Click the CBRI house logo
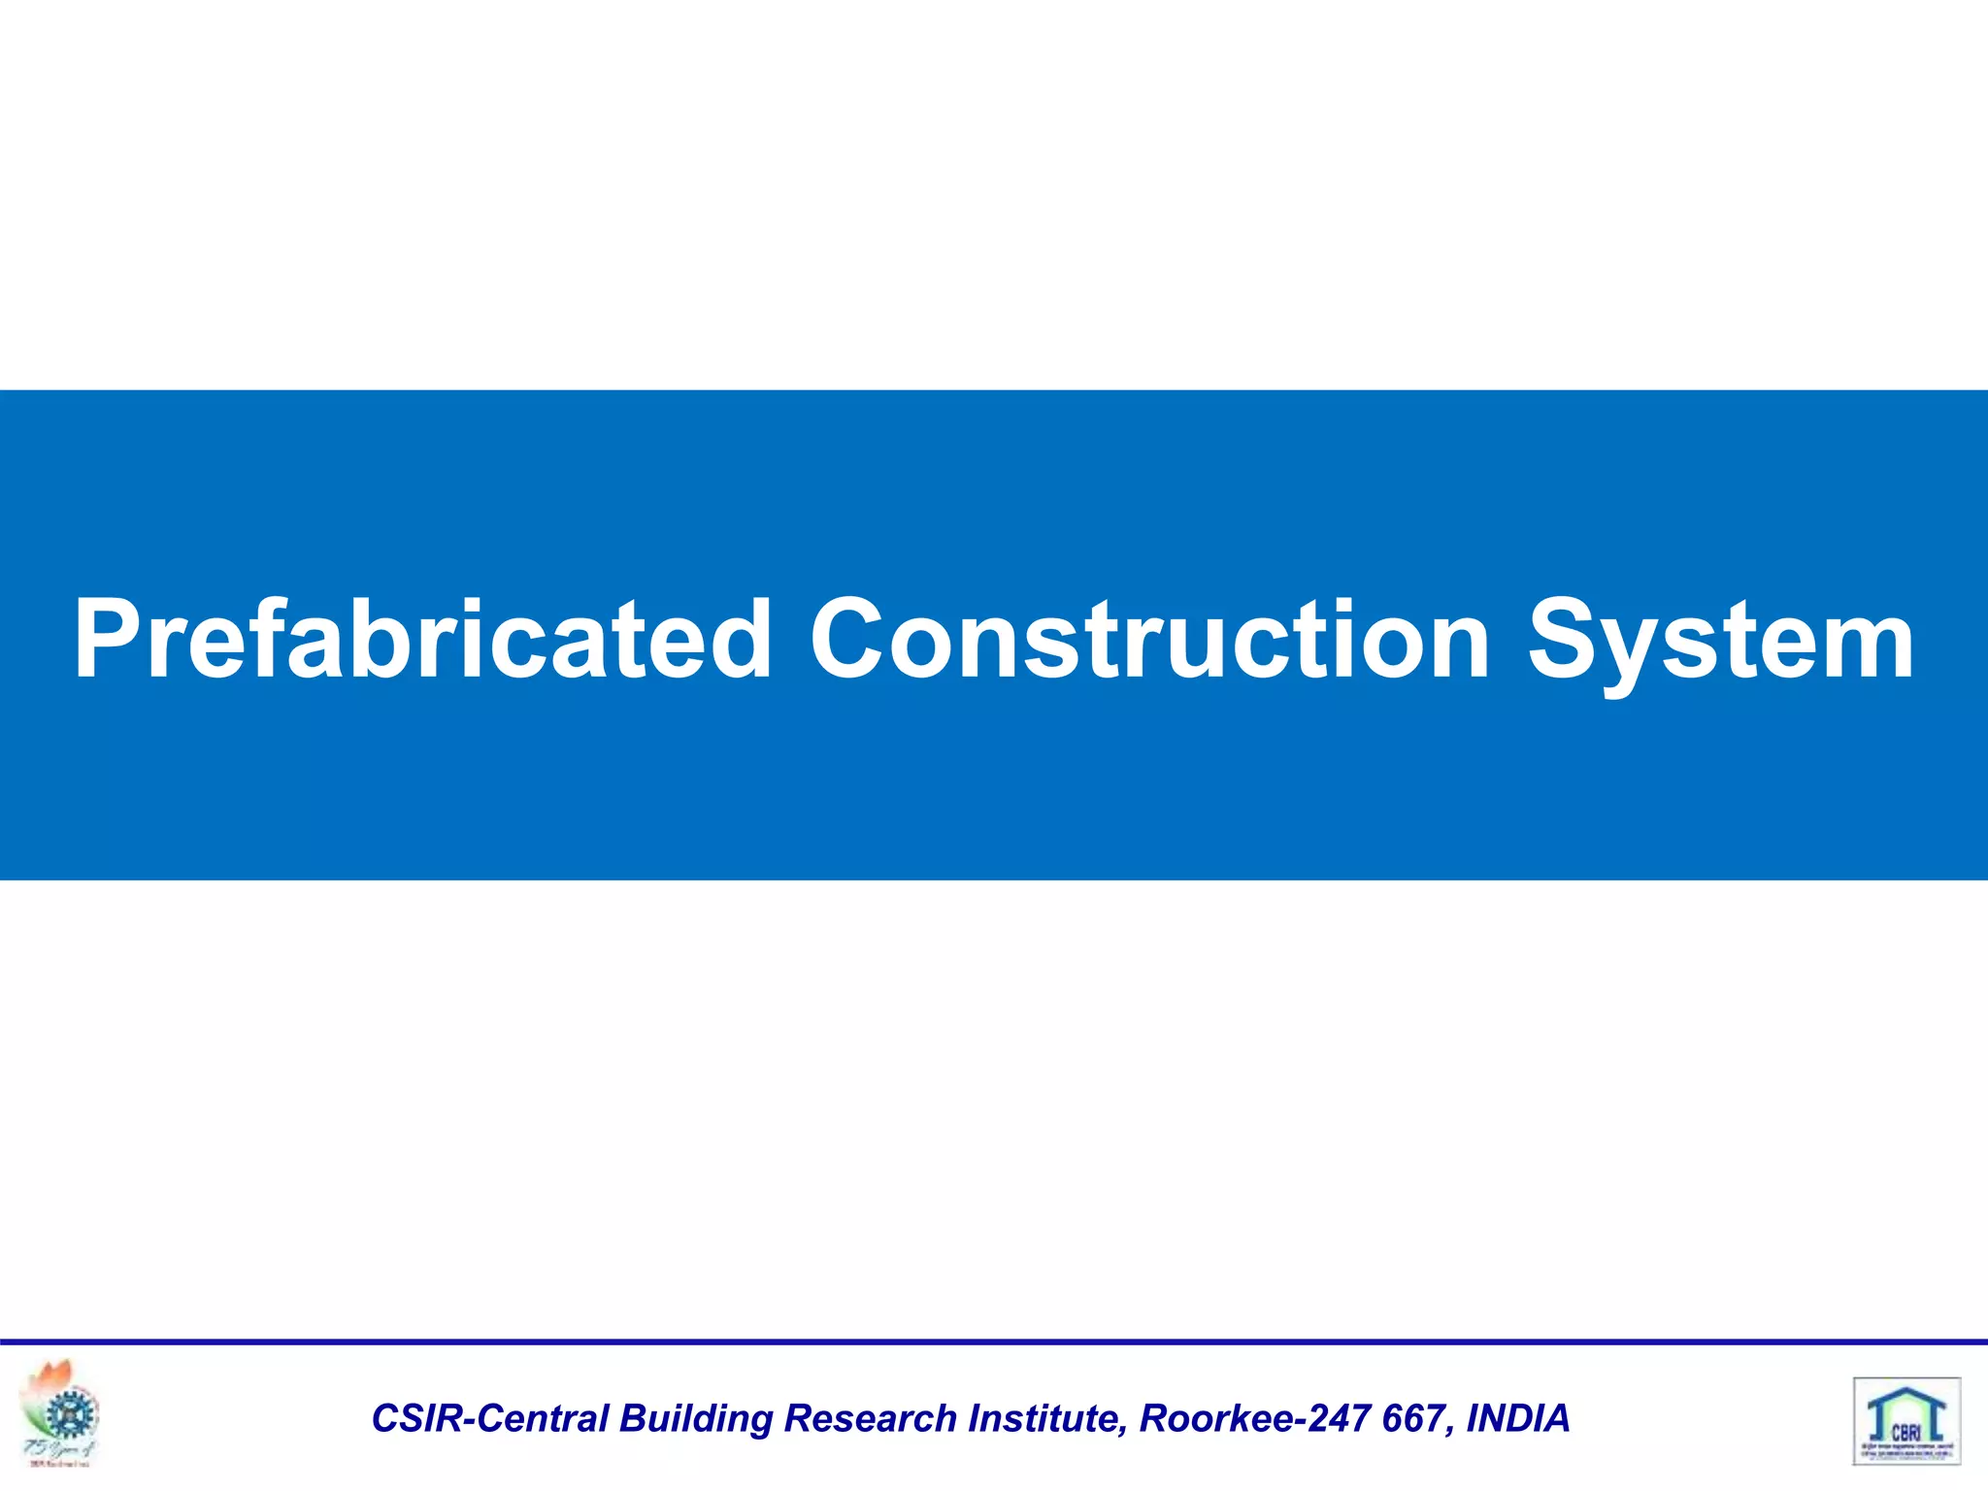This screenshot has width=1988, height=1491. (x=1906, y=1419)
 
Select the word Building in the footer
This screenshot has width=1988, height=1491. (x=695, y=1419)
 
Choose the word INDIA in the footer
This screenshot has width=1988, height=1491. (x=1517, y=1418)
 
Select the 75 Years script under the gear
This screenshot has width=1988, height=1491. (x=58, y=1449)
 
